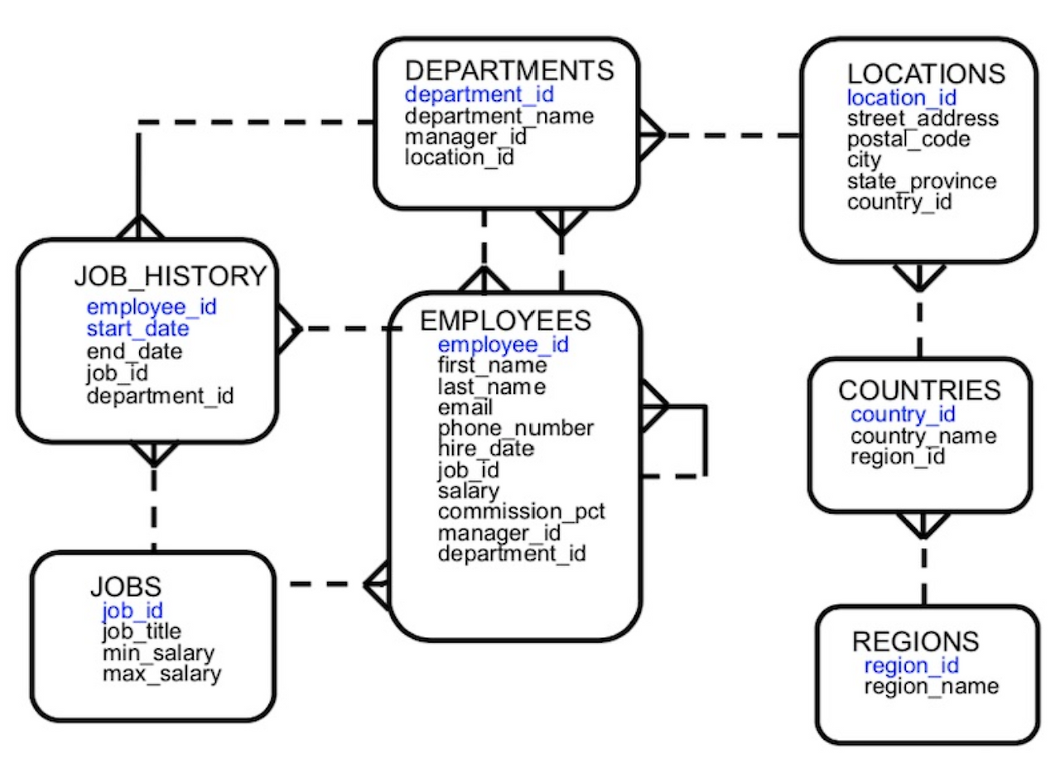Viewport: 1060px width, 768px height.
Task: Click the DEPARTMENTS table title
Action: pyautogui.click(x=508, y=71)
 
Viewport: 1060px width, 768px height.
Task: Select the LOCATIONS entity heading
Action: pyautogui.click(x=925, y=74)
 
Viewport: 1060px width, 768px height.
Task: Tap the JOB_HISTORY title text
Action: pyautogui.click(x=171, y=276)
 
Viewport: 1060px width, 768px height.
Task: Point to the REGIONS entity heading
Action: pyautogui.click(x=915, y=641)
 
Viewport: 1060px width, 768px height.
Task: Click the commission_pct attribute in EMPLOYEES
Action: pyautogui.click(x=521, y=511)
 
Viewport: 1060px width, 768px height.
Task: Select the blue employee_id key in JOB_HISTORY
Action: pyautogui.click(x=152, y=308)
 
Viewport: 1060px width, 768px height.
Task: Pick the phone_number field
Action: pyautogui.click(x=515, y=429)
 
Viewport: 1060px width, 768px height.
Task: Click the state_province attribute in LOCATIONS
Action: pyautogui.click(x=921, y=181)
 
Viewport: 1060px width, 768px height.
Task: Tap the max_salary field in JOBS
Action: pyautogui.click(x=161, y=674)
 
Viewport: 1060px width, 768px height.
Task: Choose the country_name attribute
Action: pyautogui.click(x=923, y=436)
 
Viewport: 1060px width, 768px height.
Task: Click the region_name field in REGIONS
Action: pyautogui.click(x=932, y=687)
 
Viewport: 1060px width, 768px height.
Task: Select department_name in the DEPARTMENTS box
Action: pyautogui.click(x=499, y=116)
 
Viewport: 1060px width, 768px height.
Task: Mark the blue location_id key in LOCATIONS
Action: pyautogui.click(x=901, y=98)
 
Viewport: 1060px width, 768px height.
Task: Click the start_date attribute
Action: pyautogui.click(x=137, y=329)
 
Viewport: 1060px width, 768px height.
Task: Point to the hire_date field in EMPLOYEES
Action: pyautogui.click(x=485, y=449)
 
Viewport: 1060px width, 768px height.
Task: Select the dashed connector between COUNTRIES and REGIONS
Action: pyautogui.click(x=923, y=571)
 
